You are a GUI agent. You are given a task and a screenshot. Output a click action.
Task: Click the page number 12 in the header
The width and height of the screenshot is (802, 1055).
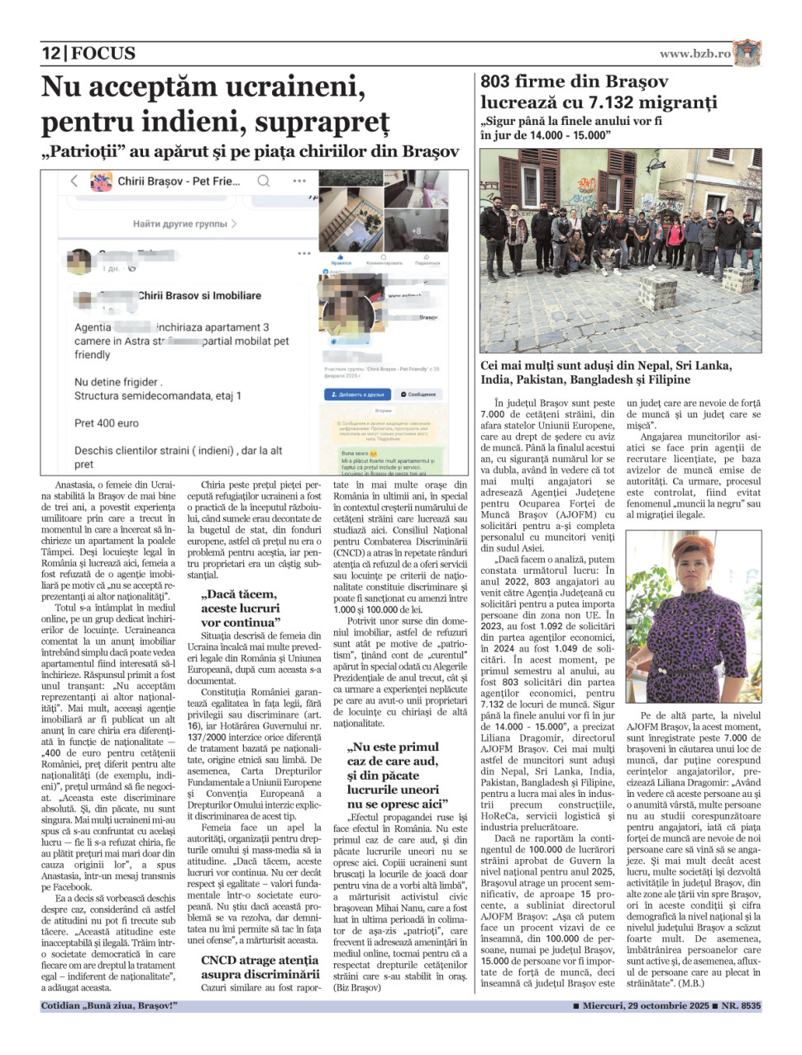(50, 54)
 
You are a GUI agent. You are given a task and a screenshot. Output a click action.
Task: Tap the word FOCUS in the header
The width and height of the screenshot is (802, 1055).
(103, 54)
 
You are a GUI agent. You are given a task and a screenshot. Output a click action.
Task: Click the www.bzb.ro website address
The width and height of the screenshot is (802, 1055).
(695, 54)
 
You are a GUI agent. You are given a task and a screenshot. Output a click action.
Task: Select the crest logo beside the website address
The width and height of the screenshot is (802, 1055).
(747, 52)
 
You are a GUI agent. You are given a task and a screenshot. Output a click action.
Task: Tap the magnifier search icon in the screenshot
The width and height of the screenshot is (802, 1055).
(263, 180)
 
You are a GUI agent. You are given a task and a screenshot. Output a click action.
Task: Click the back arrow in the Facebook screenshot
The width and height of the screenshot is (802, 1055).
(74, 180)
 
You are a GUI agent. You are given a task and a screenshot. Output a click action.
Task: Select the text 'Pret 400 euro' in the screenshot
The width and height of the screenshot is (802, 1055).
(107, 422)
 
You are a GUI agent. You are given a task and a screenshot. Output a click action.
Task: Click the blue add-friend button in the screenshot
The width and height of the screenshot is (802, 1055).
(356, 394)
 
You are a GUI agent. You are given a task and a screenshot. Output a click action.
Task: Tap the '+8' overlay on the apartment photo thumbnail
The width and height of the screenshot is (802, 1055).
(416, 232)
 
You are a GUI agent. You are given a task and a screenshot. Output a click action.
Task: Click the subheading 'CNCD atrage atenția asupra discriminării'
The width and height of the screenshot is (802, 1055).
(260, 967)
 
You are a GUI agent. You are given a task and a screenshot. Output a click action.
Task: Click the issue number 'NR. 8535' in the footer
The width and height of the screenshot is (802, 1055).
(739, 1006)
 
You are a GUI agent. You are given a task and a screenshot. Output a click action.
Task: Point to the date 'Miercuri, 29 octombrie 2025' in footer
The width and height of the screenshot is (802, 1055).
(646, 1006)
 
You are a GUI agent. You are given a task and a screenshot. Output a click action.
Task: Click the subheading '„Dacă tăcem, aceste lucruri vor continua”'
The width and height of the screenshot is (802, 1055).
(240, 608)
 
